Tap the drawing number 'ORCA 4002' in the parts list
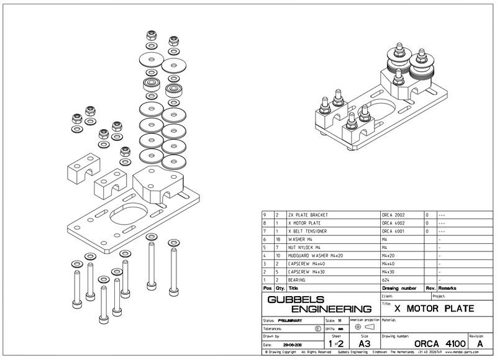[x=396, y=223]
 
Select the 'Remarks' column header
[x=448, y=288]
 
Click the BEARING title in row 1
[x=299, y=279]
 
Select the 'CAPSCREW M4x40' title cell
[x=308, y=263]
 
